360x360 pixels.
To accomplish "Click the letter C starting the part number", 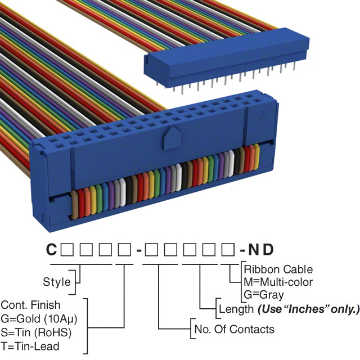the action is coord(51,249).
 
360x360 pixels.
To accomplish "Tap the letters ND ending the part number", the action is coord(261,249).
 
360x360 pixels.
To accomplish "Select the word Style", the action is coord(57,282).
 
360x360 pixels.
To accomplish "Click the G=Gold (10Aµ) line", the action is coord(39,319).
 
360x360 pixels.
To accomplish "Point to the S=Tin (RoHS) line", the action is coord(36,332).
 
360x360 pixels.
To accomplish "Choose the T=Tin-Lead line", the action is coord(30,346).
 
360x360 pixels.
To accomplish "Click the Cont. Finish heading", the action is coord(30,305).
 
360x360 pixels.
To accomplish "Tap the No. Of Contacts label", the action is coord(234,329).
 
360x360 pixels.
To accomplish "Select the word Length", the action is coord(236,309).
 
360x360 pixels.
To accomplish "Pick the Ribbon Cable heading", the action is coord(278,269).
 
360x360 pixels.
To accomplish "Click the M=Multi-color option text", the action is coord(278,282).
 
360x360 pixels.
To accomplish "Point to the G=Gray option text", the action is coord(264,295).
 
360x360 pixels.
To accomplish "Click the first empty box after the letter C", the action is coord(67,249).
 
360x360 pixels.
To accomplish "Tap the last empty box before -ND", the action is coord(228,249).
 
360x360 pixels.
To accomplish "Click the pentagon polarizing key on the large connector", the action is coord(172,138).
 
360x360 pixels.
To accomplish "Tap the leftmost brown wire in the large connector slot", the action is coord(75,204).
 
